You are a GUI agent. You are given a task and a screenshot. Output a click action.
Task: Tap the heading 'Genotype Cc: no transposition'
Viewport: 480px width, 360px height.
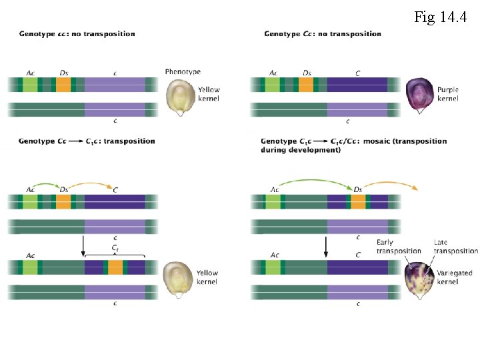point(323,34)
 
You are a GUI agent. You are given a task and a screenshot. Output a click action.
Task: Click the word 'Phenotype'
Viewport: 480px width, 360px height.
point(183,72)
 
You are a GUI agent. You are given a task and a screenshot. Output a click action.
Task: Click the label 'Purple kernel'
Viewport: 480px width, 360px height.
point(448,94)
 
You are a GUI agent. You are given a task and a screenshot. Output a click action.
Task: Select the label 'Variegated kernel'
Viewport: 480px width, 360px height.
point(453,277)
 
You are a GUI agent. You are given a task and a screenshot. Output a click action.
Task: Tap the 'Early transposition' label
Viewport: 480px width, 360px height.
point(399,247)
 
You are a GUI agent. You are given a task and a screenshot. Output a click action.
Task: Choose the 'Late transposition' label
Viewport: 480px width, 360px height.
point(455,247)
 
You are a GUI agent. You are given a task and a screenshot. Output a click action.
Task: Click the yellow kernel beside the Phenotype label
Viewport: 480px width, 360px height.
point(179,97)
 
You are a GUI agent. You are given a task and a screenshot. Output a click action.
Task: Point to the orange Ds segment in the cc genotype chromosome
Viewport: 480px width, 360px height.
point(63,85)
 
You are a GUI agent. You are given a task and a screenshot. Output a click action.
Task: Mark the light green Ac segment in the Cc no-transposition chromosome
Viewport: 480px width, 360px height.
point(273,85)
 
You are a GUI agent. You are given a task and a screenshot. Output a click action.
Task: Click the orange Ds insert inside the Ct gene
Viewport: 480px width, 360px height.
point(115,267)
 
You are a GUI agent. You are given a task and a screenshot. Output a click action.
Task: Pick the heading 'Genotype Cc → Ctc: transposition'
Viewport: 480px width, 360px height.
point(87,141)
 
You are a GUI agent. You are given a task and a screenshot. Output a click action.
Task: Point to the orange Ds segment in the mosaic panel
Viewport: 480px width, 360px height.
point(358,201)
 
